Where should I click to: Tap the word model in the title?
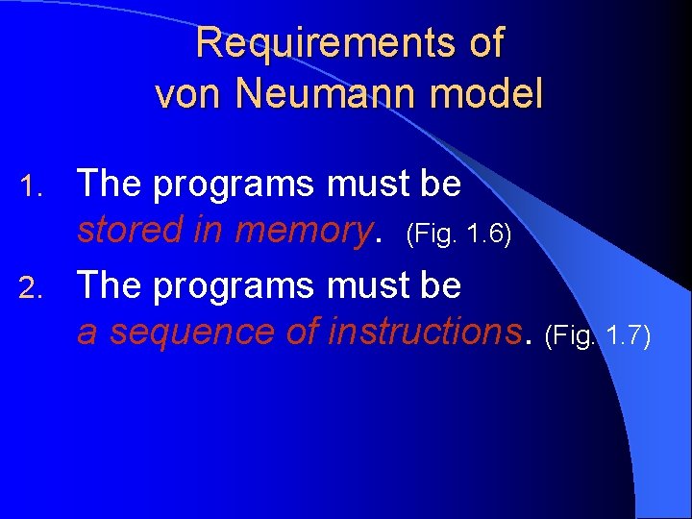496,94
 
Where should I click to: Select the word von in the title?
186,94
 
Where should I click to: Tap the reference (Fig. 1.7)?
598,334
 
